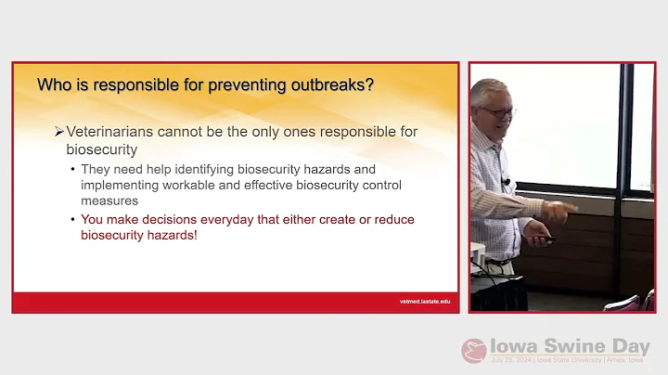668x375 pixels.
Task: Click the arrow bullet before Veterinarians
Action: pyautogui.click(x=58, y=132)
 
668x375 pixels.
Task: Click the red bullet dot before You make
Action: pyautogui.click(x=73, y=220)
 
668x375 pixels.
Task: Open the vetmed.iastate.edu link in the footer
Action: pyautogui.click(x=418, y=302)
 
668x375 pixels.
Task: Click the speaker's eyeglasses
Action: pyautogui.click(x=499, y=111)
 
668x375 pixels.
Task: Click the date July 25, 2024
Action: pyautogui.click(x=511, y=360)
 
